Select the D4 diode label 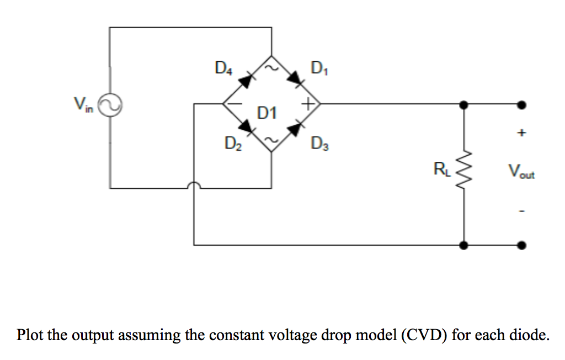click(x=223, y=68)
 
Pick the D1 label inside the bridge click(x=267, y=114)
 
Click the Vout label click(x=521, y=173)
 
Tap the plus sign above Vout click(x=522, y=133)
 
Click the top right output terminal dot click(x=522, y=104)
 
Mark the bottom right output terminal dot click(x=522, y=245)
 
